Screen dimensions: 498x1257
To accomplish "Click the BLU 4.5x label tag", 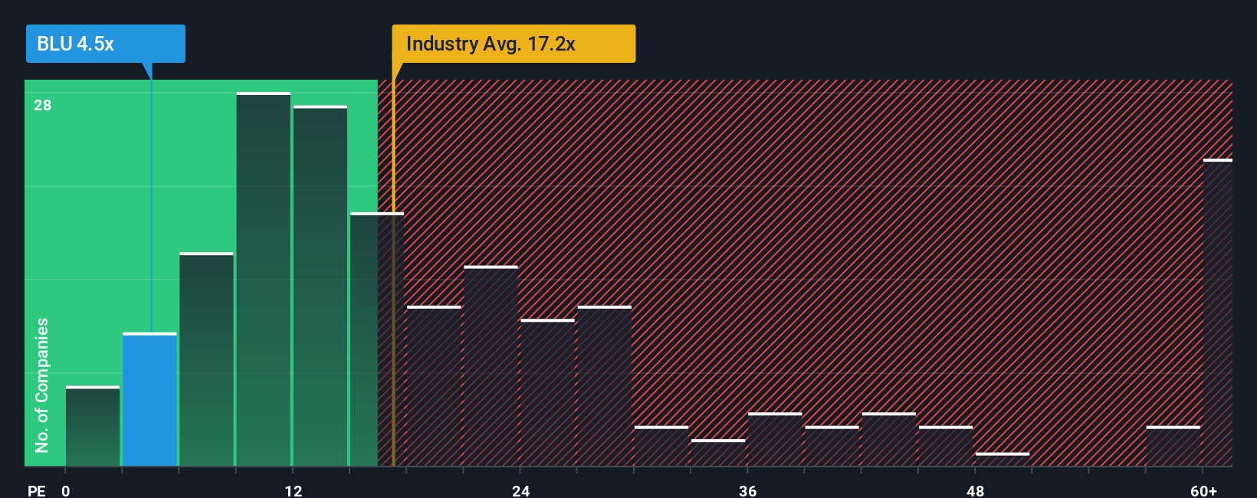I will (105, 44).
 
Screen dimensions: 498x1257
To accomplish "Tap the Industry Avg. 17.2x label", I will (513, 44).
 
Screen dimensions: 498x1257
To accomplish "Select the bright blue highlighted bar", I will (149, 400).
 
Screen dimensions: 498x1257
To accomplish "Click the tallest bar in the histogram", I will (263, 280).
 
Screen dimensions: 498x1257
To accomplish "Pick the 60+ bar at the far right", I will (1217, 313).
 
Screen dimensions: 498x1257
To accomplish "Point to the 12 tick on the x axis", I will (293, 490).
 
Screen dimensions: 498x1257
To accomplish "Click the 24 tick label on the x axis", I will (520, 490).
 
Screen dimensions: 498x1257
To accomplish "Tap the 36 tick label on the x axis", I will (747, 490).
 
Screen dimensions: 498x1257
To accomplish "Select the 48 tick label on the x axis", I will (975, 490).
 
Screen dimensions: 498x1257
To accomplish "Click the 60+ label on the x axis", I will (1203, 490).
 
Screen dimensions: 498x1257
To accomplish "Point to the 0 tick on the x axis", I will (66, 490).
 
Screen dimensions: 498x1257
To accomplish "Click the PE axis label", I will (36, 490).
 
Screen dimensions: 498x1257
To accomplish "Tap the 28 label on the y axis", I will (42, 105).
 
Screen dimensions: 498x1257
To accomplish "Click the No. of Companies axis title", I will (42, 385).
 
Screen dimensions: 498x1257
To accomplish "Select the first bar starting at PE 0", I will (93, 427).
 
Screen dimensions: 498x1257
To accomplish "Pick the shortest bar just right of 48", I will (1003, 460).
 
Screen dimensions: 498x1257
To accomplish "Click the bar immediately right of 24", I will (547, 393).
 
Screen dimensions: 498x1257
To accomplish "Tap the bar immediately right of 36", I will (775, 440).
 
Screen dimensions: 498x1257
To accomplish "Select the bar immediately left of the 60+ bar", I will (1173, 447).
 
